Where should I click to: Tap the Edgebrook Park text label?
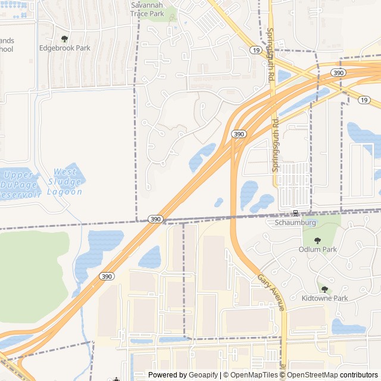[64, 48]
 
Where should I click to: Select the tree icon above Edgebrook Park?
[64, 39]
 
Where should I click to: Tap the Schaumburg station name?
[295, 223]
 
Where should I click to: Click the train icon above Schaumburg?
[295, 213]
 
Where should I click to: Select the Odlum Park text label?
[317, 249]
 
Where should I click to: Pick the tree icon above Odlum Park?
[317, 240]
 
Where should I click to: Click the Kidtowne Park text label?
[324, 298]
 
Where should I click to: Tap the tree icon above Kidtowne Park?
[324, 289]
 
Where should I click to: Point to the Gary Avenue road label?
[271, 292]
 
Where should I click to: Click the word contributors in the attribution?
[359, 375]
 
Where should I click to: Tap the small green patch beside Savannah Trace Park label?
[171, 13]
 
